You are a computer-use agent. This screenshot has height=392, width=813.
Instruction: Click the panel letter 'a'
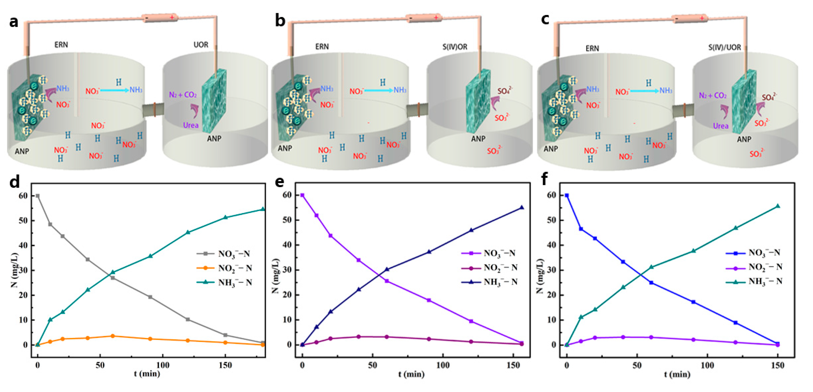click(x=13, y=22)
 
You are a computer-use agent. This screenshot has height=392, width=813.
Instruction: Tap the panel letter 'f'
click(x=544, y=179)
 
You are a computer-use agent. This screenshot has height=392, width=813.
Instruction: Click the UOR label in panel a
click(x=201, y=45)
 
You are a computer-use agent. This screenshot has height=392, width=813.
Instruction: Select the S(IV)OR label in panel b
click(x=454, y=47)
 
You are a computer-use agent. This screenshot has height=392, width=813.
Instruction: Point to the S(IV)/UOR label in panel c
click(x=724, y=47)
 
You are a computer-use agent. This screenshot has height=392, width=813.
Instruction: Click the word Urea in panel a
click(x=191, y=125)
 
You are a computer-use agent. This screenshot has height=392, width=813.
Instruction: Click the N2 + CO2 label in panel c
click(x=713, y=95)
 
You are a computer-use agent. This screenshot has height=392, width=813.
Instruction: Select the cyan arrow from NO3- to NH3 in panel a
click(x=115, y=91)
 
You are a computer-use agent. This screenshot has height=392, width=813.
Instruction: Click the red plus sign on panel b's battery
click(x=436, y=18)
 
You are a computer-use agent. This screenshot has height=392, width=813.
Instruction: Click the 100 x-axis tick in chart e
click(x=442, y=365)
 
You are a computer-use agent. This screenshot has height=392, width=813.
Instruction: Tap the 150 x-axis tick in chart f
click(x=777, y=365)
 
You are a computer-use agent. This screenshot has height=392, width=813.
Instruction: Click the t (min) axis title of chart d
click(x=147, y=374)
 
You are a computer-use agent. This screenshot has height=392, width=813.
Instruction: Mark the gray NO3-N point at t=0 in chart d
click(x=38, y=196)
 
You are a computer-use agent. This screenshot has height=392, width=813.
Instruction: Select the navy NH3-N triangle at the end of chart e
click(x=522, y=207)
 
